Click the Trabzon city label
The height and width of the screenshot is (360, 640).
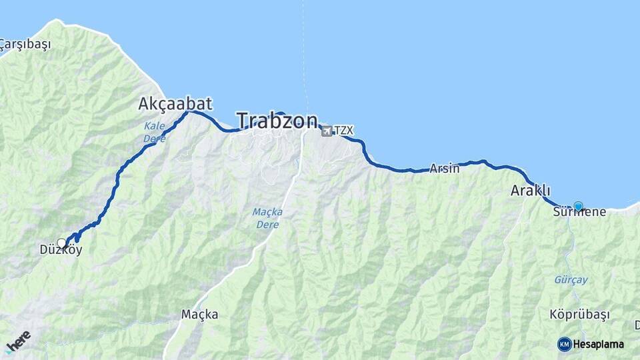point(277,121)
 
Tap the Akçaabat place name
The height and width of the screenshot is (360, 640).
point(175,103)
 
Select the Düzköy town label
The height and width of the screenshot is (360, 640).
point(61,252)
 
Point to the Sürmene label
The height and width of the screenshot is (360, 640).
point(579,213)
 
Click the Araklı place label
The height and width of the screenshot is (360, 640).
point(530,191)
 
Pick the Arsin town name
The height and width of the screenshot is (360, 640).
point(445,169)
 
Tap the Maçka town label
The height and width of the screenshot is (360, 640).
point(199,314)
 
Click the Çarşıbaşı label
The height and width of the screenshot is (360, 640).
point(25,45)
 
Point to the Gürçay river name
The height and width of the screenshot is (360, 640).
point(571,280)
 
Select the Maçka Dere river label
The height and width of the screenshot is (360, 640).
point(267,218)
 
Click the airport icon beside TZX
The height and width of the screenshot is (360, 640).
point(327,131)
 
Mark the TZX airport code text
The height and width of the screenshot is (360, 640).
point(343,131)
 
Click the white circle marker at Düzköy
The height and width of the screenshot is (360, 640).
point(62,243)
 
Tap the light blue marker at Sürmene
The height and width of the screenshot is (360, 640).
point(578,206)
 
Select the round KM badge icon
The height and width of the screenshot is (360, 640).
point(565,344)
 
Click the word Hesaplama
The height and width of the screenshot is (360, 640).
point(599,344)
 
